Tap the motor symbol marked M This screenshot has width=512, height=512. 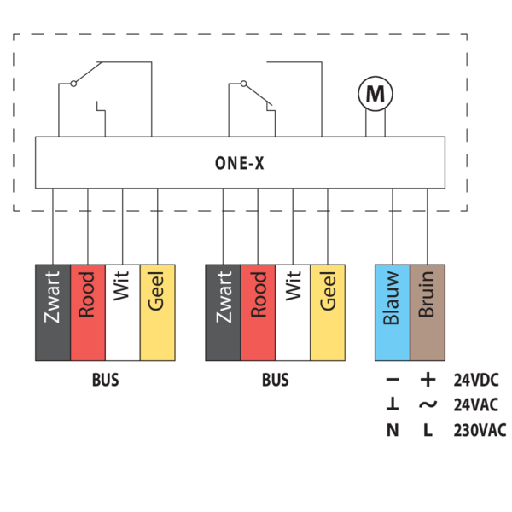pyautogui.click(x=375, y=94)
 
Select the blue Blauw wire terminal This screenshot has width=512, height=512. pyautogui.click(x=393, y=311)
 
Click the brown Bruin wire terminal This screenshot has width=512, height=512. pyautogui.click(x=428, y=311)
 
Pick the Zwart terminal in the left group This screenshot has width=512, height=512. pyautogui.click(x=52, y=311)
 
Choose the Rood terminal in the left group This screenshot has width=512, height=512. pyautogui.click(x=87, y=311)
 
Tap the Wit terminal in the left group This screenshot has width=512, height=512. pyautogui.click(x=122, y=311)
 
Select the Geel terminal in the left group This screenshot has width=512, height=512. pyautogui.click(x=157, y=311)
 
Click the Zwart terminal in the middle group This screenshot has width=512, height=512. pyautogui.click(x=223, y=311)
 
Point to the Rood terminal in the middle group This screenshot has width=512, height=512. pyautogui.click(x=258, y=311)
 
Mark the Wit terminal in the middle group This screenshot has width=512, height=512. pyautogui.click(x=293, y=311)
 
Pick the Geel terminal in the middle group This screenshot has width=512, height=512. pyautogui.click(x=328, y=311)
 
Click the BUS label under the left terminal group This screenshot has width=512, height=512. pyautogui.click(x=105, y=381)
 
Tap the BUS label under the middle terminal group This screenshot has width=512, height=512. pyautogui.click(x=275, y=381)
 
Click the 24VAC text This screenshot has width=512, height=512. pyautogui.click(x=476, y=405)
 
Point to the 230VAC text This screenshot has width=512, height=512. pyautogui.click(x=480, y=430)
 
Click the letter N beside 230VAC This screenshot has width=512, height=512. pyautogui.click(x=393, y=430)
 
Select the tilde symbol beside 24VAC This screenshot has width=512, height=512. pyautogui.click(x=428, y=405)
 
